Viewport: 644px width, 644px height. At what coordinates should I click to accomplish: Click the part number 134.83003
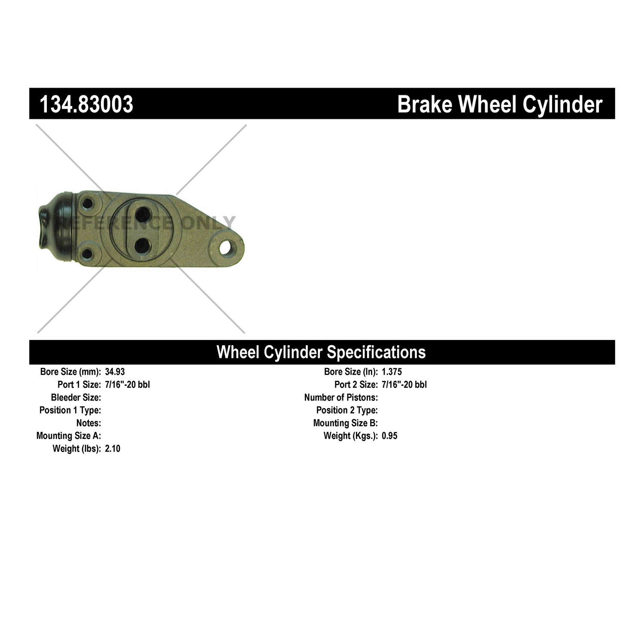[86, 104]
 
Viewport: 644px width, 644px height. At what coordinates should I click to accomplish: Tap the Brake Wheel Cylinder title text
[499, 104]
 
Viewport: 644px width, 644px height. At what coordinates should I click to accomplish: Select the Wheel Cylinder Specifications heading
[321, 352]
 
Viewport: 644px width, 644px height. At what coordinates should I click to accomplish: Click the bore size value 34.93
[115, 372]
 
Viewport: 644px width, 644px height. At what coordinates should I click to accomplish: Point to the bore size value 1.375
[392, 372]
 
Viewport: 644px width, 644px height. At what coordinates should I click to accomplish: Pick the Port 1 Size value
[127, 385]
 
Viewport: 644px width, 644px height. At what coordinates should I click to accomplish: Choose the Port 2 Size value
[404, 385]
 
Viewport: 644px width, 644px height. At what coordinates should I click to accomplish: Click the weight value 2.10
[112, 449]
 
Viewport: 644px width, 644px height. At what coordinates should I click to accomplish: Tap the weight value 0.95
[389, 436]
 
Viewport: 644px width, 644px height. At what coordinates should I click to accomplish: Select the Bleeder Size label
[76, 398]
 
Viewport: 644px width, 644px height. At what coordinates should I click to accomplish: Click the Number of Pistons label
[341, 398]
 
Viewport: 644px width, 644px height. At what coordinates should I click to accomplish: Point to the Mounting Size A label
[69, 436]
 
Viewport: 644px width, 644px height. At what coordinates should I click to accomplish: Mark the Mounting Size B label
[345, 423]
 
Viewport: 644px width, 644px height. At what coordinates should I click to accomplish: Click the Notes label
[88, 423]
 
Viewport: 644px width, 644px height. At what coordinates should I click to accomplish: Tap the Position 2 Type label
[347, 410]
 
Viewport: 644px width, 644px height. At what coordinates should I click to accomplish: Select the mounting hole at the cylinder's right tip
[226, 248]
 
